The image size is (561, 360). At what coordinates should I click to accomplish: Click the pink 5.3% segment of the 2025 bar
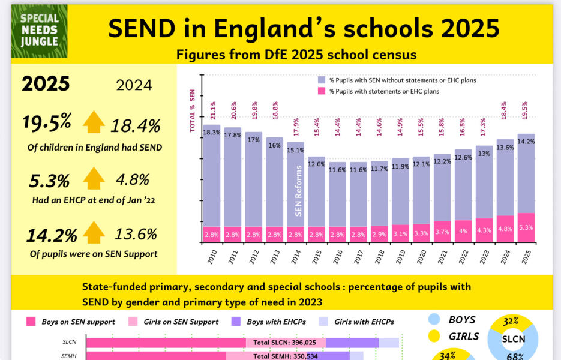pos(526,227)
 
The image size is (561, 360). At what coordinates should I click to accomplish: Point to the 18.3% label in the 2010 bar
pos(212,133)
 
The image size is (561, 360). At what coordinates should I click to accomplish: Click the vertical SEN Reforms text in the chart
pos(298,190)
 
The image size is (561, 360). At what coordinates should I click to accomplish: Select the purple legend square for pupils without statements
pos(322,80)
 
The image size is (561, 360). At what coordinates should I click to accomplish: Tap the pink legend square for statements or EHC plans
pos(322,91)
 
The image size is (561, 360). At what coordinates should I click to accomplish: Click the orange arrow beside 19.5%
pos(94,122)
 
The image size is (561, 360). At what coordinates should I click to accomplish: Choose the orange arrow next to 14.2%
pos(94,233)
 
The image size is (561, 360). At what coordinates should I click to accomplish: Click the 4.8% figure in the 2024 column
pos(133,179)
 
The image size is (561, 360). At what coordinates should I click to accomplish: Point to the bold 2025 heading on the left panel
pos(46,84)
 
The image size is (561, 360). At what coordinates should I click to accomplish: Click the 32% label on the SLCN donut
pos(511,321)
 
